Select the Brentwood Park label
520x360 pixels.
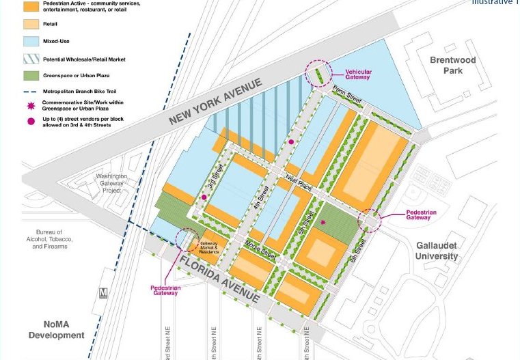452,66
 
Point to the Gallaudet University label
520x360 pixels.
437,251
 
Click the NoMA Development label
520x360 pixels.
57,330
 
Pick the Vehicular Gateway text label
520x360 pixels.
357,74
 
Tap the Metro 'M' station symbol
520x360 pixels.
104,292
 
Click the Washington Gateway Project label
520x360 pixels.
107,184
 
